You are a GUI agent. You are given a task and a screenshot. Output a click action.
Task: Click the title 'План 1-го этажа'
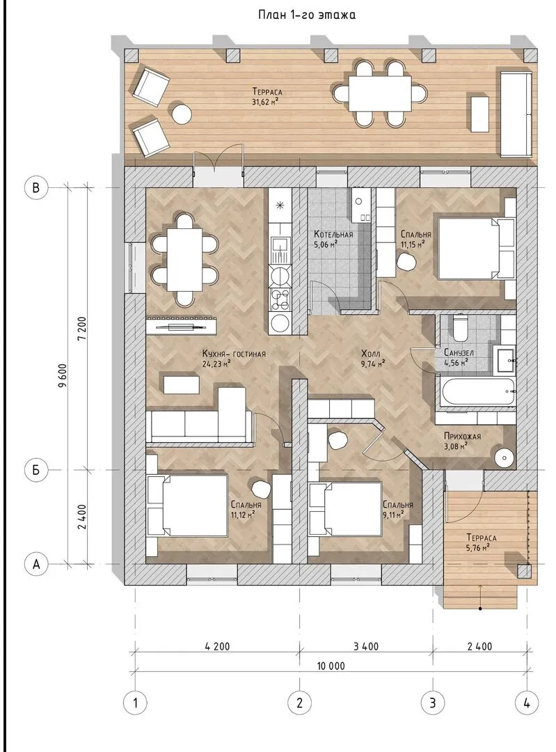(307, 15)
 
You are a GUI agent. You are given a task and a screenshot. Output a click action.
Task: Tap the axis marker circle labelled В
(36, 187)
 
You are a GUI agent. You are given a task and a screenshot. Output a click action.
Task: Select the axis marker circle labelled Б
(36, 470)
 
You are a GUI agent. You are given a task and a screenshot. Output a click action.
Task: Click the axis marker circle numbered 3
(433, 703)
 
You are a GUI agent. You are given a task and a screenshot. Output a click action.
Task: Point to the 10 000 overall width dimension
(331, 666)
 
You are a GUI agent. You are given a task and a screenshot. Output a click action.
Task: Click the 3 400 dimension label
(366, 646)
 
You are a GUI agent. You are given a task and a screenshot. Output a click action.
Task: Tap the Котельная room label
(333, 235)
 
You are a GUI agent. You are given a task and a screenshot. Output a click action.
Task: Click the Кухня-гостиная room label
(234, 354)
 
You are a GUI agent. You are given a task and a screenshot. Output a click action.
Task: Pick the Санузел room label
(459, 352)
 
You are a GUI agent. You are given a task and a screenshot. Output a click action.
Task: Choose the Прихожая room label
(462, 437)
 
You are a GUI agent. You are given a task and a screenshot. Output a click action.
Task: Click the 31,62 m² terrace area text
(265, 101)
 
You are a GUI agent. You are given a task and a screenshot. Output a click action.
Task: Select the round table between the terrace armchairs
(182, 114)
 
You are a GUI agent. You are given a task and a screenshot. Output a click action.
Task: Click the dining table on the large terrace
(380, 93)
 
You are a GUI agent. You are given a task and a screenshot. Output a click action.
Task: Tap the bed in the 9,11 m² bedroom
(346, 508)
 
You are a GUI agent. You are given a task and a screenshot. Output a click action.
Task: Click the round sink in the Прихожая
(505, 457)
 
